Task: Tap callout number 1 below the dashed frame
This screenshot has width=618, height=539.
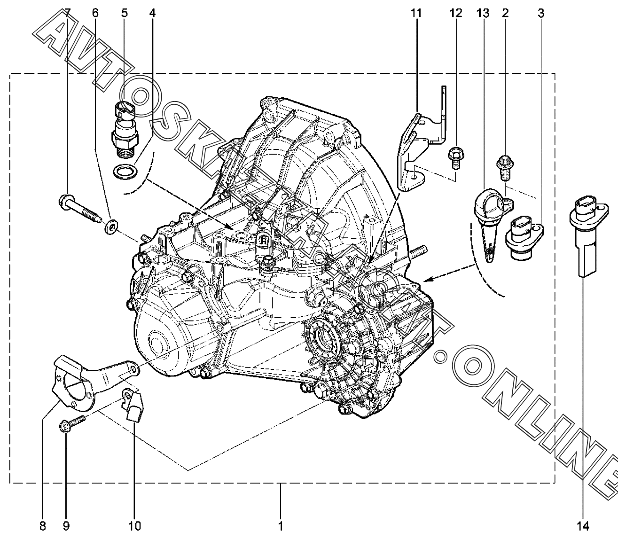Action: point(281,526)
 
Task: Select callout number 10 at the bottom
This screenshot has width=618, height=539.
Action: point(135,526)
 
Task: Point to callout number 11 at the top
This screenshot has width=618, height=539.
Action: point(416,13)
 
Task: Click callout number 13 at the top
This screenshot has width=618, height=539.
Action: point(483,13)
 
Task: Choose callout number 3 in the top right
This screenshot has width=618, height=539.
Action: point(541,13)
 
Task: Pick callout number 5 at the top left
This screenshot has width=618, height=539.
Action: point(125,13)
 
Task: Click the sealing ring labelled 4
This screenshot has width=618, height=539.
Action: point(125,172)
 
